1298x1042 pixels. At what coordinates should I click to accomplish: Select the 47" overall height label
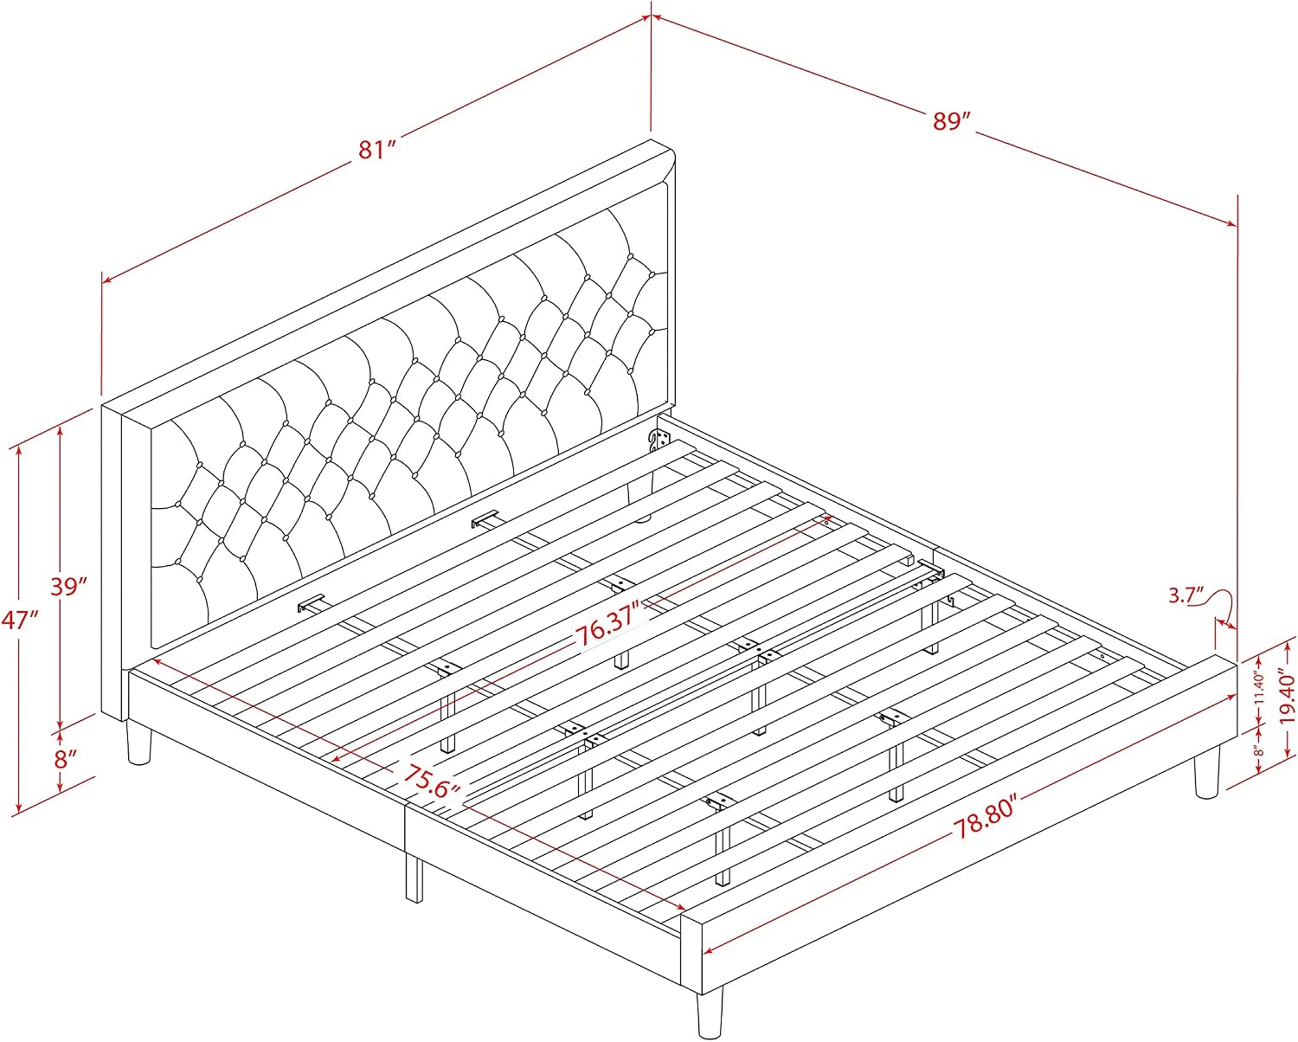click(x=19, y=619)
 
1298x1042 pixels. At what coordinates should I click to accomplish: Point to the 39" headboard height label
click(x=69, y=586)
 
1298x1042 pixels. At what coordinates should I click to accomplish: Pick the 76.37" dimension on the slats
click(x=607, y=628)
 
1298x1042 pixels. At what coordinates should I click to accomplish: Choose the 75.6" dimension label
click(x=432, y=781)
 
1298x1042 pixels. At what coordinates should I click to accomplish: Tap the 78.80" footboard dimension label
click(x=986, y=816)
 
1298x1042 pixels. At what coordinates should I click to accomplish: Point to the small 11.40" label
click(x=1259, y=688)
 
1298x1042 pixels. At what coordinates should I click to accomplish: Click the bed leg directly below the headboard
click(x=138, y=744)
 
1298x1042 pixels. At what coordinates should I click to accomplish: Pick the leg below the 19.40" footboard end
click(x=1207, y=773)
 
